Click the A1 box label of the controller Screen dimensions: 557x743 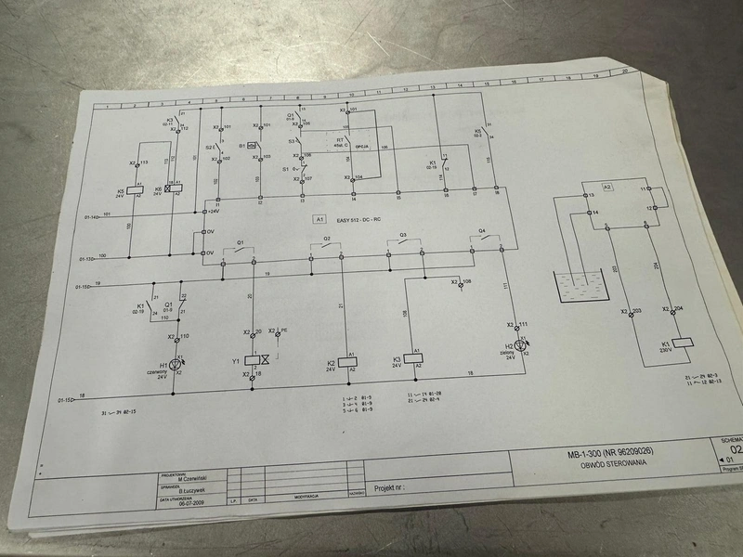click(x=319, y=220)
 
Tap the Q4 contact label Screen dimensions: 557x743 click(x=482, y=229)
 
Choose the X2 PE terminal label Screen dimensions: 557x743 click(x=279, y=330)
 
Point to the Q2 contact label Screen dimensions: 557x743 click(x=327, y=239)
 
